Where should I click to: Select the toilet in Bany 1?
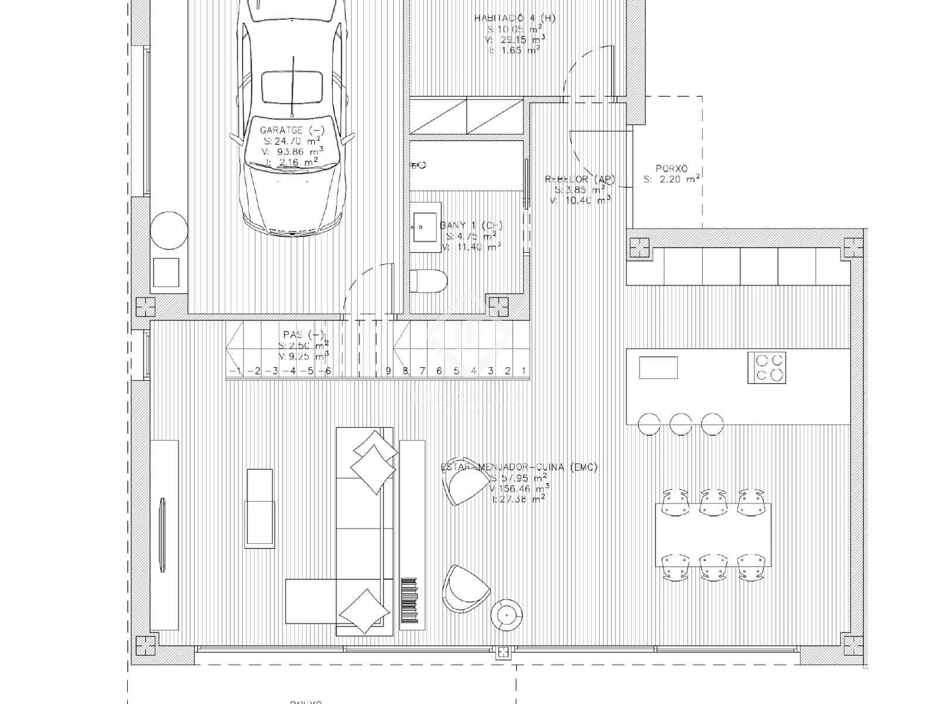[429, 281]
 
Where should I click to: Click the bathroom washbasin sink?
[425, 227]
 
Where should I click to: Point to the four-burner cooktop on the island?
[766, 368]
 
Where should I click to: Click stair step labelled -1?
[236, 371]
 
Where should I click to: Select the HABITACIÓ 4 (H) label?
[514, 18]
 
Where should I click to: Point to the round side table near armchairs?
[505, 615]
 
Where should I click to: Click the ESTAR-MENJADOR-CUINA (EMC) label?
[519, 467]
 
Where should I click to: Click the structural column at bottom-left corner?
[145, 646]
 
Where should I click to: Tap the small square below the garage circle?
[166, 272]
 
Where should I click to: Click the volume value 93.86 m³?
[291, 151]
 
